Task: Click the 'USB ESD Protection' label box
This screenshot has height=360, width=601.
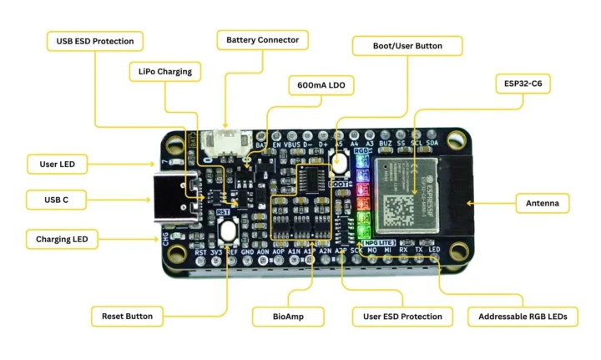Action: coord(94,41)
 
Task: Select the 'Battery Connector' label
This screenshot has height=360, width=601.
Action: coord(263,40)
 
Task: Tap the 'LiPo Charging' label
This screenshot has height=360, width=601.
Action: coord(164,72)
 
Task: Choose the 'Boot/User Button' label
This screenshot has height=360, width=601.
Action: coord(407,45)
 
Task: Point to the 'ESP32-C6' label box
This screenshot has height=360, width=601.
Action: coord(523,84)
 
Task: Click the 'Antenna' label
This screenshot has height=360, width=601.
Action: coord(543,203)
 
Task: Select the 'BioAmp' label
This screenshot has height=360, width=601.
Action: coord(287,317)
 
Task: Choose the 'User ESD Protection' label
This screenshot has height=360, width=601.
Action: coord(402,317)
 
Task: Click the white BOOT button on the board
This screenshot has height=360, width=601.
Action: coord(339,161)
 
